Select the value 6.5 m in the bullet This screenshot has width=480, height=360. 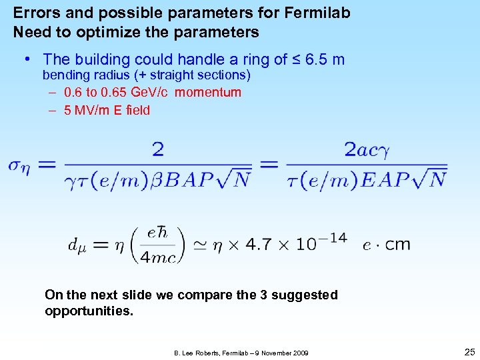[325, 60]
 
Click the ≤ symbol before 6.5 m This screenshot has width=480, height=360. [295, 60]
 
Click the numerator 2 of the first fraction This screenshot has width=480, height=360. [158, 149]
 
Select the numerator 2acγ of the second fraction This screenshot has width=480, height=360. [367, 150]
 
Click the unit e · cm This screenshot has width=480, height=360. [387, 245]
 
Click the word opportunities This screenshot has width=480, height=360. [89, 311]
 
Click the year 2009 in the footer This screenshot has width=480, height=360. [297, 352]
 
